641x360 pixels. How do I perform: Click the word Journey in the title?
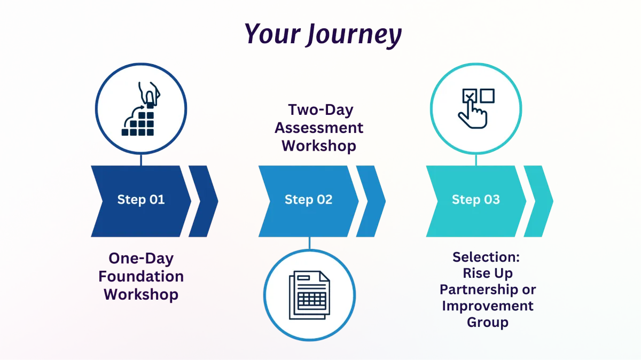pos(354,34)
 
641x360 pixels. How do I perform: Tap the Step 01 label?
pos(141,199)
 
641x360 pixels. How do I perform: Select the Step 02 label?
pos(309,199)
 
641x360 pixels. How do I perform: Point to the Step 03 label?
pos(476,199)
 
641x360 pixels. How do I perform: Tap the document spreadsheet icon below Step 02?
pos(310,295)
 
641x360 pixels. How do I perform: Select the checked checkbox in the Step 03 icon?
pos(470,96)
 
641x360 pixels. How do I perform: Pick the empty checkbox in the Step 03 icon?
pos(487,96)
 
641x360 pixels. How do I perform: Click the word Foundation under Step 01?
pos(141,277)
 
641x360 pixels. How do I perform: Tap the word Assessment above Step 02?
pos(319,128)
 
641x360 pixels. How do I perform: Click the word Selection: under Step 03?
pos(486,257)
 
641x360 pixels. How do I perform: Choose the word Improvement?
pos(488,306)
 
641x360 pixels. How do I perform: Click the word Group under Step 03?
pos(488,322)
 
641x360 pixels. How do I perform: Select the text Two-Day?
pos(321,110)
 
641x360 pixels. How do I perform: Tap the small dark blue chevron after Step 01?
pos(204,201)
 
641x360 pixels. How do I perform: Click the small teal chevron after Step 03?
pos(538,201)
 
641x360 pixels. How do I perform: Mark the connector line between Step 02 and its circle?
pos(310,243)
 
